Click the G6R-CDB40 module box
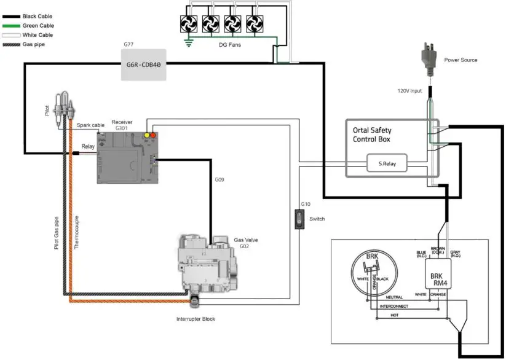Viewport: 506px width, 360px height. tap(143, 64)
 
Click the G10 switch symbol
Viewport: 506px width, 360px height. tap(299, 219)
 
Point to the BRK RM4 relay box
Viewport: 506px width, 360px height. tap(438, 274)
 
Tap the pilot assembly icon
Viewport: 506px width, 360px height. tap(63, 108)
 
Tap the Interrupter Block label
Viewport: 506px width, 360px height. tap(196, 319)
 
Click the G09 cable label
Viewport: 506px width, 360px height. tap(219, 180)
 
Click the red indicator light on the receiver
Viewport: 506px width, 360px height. tap(154, 135)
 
